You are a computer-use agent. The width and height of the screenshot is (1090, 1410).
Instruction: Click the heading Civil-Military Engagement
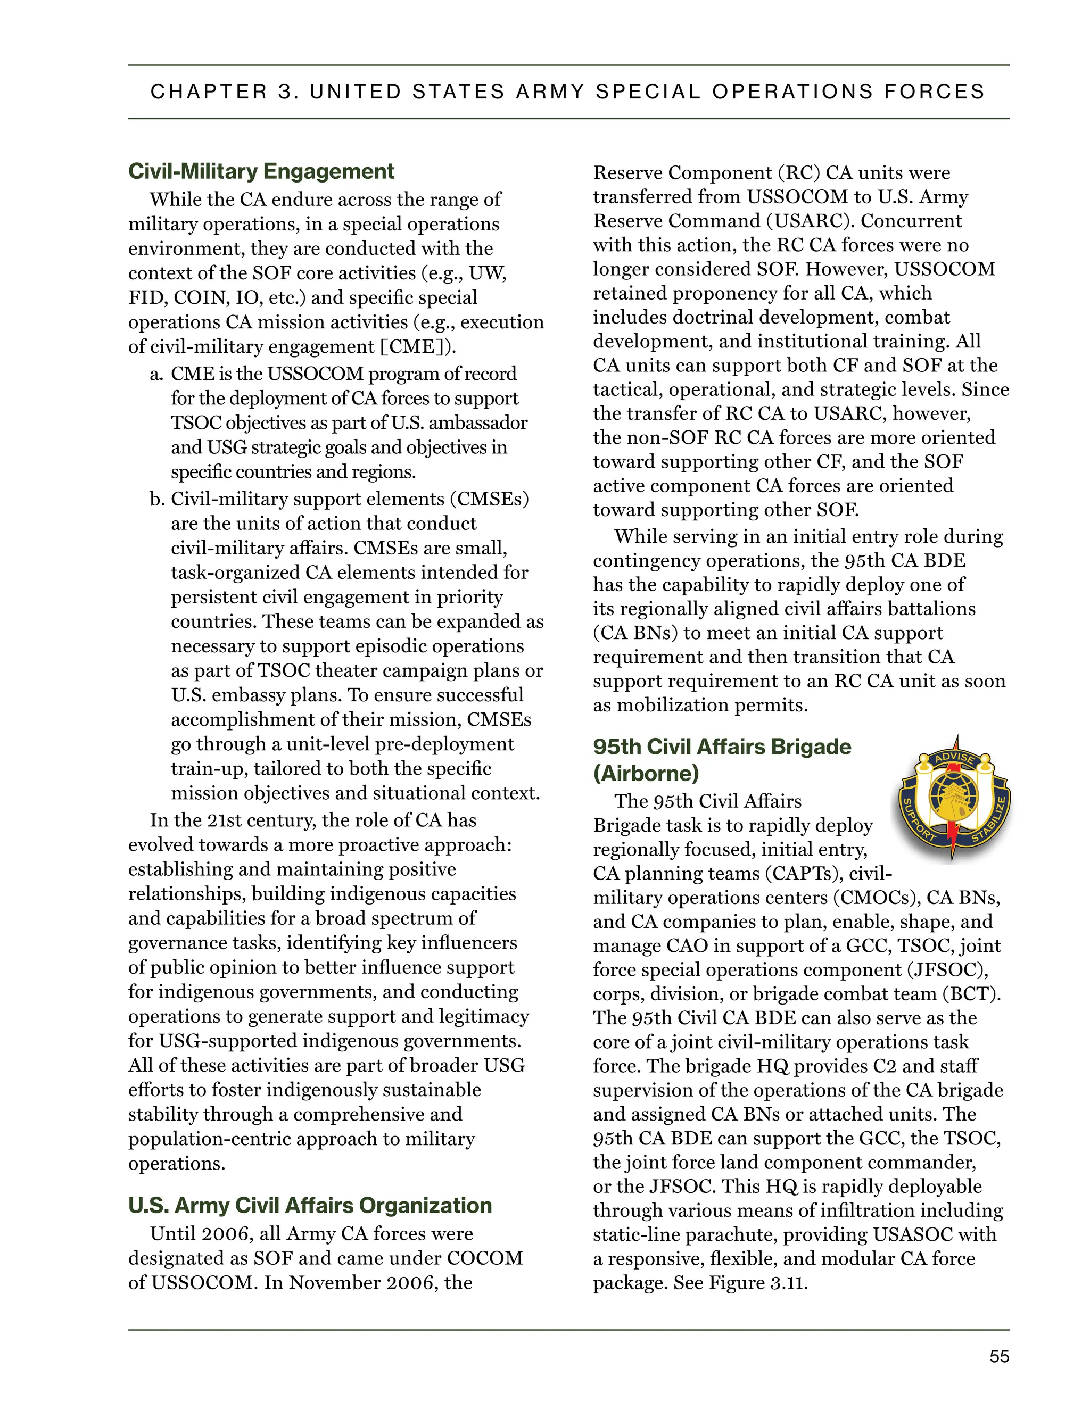coord(261,171)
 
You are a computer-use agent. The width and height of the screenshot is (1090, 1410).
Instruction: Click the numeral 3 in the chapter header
coord(285,92)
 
